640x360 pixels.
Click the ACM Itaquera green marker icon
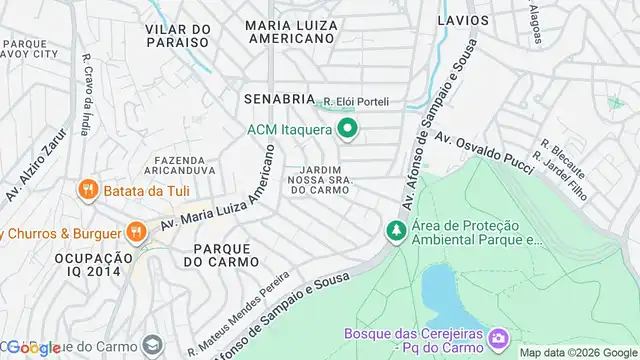tap(348, 129)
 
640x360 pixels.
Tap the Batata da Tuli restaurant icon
tap(88, 190)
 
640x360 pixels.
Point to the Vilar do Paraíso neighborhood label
tap(177, 37)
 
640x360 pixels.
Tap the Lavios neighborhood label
tap(463, 20)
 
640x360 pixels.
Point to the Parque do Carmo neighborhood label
tap(221, 254)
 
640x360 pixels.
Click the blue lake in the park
tap(440, 289)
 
